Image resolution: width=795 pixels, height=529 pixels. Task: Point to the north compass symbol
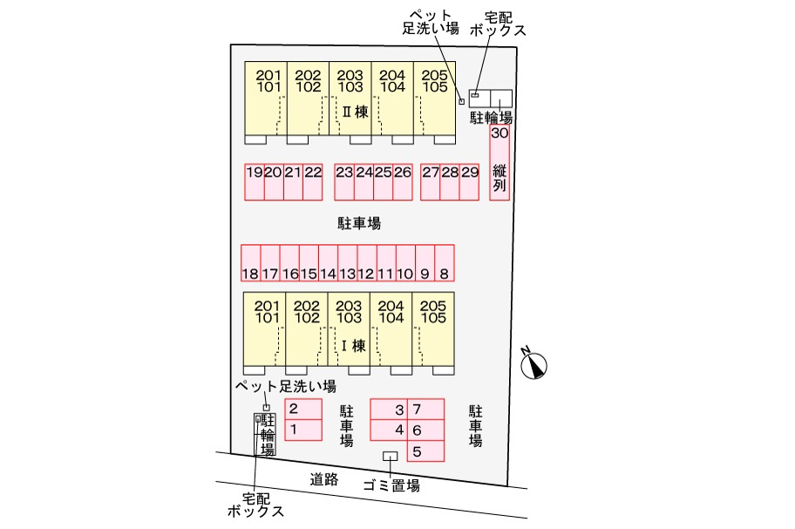click(x=533, y=364)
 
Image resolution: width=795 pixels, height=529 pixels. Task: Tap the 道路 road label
click(x=323, y=478)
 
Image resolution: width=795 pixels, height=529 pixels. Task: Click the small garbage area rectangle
click(x=391, y=457)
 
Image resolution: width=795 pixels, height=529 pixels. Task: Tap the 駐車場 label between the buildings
click(x=359, y=224)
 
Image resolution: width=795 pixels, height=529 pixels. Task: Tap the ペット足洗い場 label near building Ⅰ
click(x=285, y=386)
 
